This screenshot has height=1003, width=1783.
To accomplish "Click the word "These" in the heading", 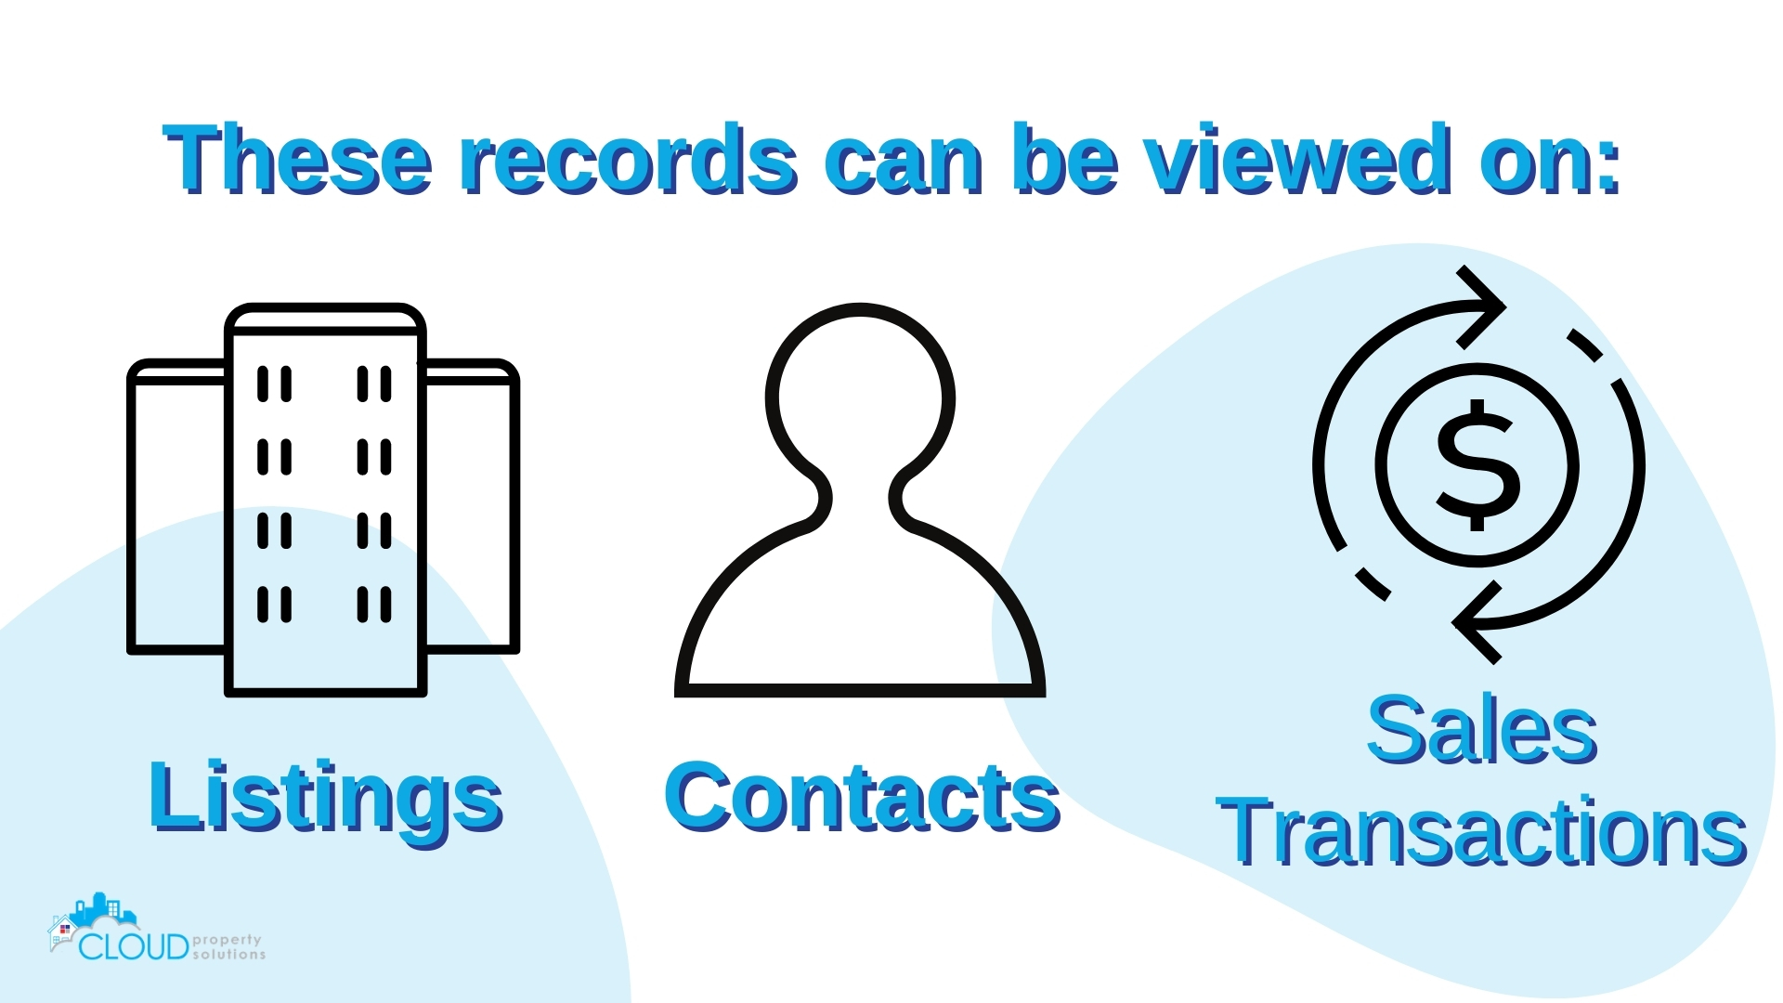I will (x=297, y=160).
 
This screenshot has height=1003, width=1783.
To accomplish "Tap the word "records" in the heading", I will (x=629, y=160).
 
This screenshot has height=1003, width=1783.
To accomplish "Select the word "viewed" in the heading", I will (x=1296, y=160).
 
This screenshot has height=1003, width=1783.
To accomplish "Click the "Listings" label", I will (x=325, y=797).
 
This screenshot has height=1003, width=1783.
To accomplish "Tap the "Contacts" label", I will (x=862, y=797).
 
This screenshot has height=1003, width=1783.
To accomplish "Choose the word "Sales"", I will (x=1481, y=732).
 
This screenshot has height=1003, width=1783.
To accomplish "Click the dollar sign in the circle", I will (x=1477, y=464).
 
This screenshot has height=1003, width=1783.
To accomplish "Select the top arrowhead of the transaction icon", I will (x=1481, y=307).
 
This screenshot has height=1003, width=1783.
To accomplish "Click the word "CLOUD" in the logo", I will (x=134, y=947).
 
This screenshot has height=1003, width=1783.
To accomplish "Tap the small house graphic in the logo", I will (x=63, y=931).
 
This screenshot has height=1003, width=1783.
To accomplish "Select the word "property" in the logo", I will (x=228, y=940).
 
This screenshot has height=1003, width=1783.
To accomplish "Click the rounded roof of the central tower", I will (x=325, y=318).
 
